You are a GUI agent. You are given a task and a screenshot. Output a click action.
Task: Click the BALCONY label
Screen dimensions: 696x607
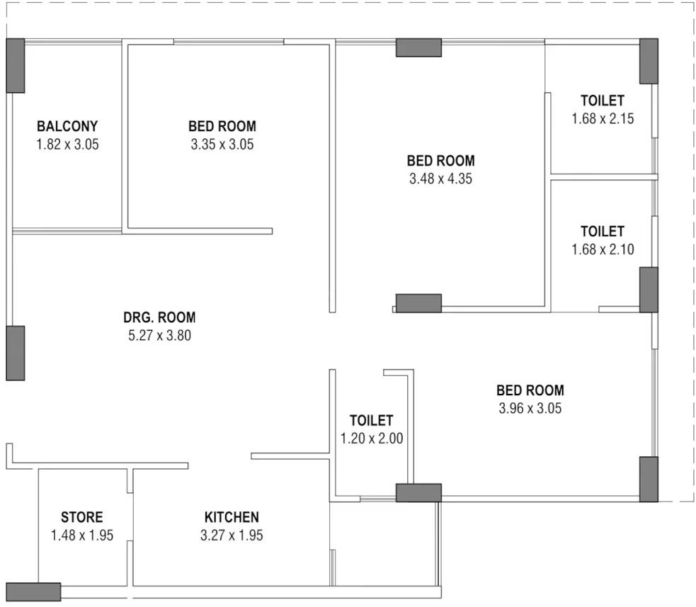[67, 126]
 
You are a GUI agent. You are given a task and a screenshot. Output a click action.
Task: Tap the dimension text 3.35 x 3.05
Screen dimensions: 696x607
[222, 144]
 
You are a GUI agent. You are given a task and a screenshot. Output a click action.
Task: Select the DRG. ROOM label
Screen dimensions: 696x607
[159, 317]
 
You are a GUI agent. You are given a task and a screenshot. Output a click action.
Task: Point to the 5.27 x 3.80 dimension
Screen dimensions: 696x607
[160, 335]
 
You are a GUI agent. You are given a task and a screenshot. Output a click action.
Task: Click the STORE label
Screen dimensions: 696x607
[81, 517]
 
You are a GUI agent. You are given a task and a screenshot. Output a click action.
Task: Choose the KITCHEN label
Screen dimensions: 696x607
[232, 517]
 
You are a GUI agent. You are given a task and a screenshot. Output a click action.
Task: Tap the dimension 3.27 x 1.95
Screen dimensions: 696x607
[232, 535]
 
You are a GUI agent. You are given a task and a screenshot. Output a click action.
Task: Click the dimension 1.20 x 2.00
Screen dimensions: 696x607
[372, 438]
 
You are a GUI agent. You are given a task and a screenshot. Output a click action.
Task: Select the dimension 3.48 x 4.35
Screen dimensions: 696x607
[441, 178]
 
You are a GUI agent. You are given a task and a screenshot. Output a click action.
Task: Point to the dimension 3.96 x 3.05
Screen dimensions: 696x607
[530, 408]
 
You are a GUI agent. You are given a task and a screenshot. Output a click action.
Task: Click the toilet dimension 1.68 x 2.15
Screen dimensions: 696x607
[603, 118]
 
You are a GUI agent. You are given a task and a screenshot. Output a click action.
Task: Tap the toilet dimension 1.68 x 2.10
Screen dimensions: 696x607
[603, 249]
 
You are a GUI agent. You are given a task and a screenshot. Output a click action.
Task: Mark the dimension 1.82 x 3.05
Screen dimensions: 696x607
[67, 144]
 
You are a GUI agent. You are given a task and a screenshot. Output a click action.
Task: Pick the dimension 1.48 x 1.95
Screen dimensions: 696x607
[82, 535]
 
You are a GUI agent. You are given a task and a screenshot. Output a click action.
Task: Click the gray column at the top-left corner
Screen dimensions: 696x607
[15, 66]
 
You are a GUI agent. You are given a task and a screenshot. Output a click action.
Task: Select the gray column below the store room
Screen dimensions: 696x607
[33, 592]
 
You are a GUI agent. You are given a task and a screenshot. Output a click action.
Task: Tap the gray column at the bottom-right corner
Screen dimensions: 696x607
[649, 480]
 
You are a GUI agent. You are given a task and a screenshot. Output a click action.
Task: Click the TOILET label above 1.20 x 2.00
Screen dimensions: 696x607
[372, 421]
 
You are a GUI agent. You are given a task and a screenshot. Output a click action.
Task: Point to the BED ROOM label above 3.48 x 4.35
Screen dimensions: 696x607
[441, 161]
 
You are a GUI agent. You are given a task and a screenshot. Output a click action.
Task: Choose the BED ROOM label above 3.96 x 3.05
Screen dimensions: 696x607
[530, 390]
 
